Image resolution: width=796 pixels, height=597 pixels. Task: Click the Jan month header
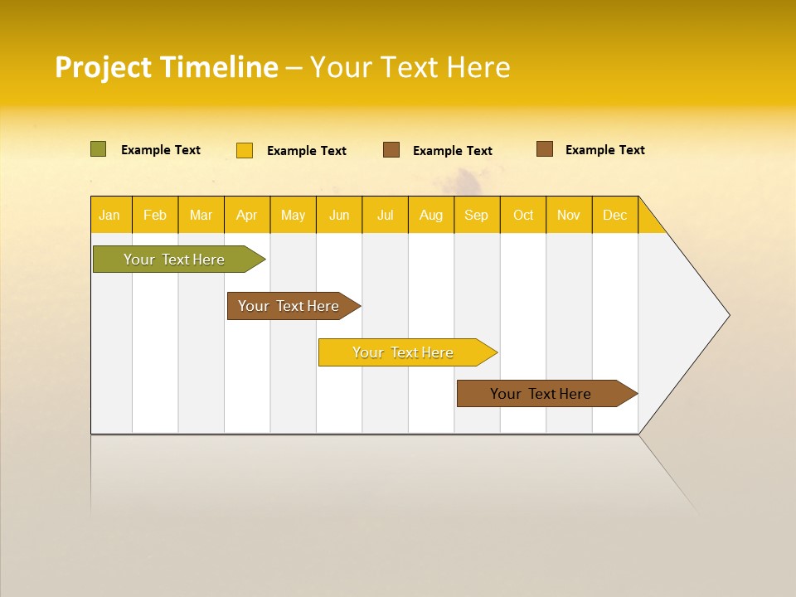pos(110,215)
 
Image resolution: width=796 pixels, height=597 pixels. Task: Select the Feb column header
pos(155,215)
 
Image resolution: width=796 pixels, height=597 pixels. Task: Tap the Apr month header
pos(247,215)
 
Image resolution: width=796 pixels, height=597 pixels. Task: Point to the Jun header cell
pos(339,215)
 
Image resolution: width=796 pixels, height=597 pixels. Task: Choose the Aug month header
pos(431,215)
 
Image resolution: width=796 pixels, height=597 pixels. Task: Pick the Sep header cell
pos(477,215)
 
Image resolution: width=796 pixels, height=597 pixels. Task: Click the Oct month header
pos(523,215)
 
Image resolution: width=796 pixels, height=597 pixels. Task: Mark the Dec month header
pos(615,215)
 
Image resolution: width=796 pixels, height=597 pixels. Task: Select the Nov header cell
pos(569,215)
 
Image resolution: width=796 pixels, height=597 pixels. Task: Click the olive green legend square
pos(99,149)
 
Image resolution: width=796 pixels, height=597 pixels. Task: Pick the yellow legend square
pos(245,150)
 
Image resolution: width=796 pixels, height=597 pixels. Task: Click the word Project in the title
pos(103,67)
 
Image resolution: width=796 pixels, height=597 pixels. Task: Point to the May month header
pos(293,215)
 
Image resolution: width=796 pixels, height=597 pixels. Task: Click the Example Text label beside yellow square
pos(307,151)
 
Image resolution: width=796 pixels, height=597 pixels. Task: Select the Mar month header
pos(201,215)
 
